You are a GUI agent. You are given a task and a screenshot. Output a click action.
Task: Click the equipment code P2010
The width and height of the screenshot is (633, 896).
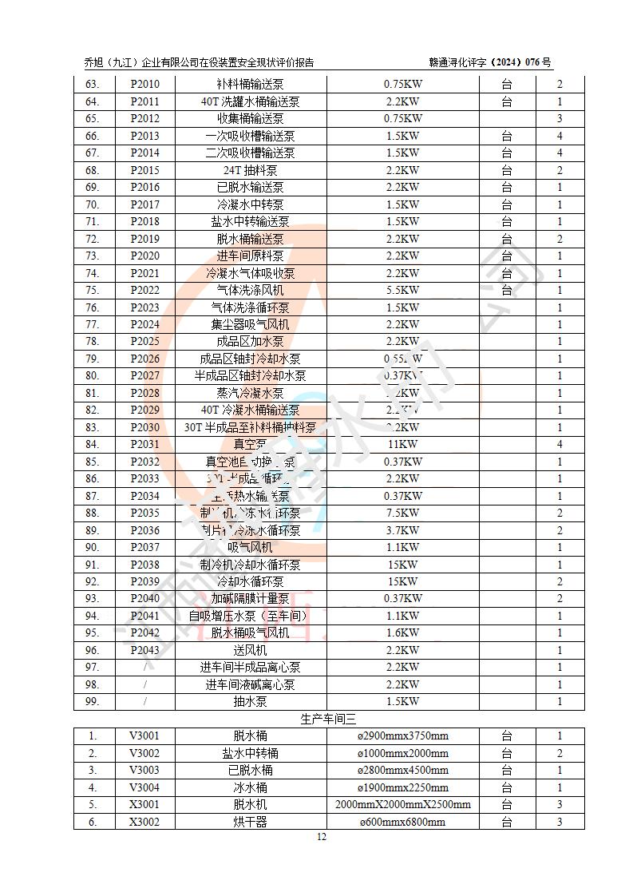[x=144, y=85]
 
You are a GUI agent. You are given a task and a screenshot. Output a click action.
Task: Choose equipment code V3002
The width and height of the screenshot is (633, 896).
[x=144, y=753]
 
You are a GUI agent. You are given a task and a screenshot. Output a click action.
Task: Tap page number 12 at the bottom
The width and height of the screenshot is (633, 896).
[x=322, y=837]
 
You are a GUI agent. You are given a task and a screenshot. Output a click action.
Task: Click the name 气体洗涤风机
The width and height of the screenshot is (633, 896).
[x=250, y=291]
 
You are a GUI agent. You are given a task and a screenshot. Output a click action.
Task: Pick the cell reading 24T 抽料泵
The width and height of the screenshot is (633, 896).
[x=250, y=170]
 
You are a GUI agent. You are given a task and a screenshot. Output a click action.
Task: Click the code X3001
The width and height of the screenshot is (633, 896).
[x=144, y=805]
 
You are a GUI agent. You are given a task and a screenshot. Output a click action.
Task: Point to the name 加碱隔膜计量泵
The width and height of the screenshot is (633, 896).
[x=250, y=599]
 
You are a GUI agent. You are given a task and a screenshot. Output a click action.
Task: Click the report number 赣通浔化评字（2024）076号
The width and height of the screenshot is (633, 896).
[x=490, y=63]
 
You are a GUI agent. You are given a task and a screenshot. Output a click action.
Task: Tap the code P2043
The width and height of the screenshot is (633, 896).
[x=144, y=650]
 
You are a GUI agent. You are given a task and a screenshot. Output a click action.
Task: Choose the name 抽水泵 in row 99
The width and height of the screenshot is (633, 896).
[x=250, y=702]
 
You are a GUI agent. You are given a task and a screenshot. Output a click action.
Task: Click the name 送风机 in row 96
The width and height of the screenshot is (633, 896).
[x=250, y=650]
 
